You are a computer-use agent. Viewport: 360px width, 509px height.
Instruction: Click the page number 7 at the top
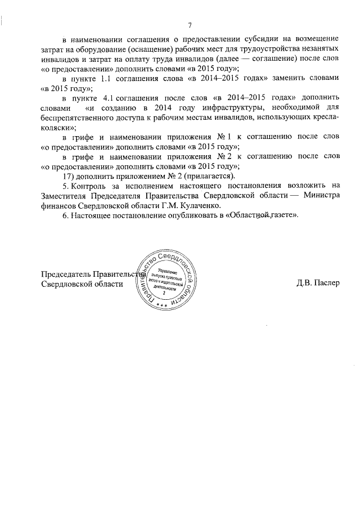(190, 25)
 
